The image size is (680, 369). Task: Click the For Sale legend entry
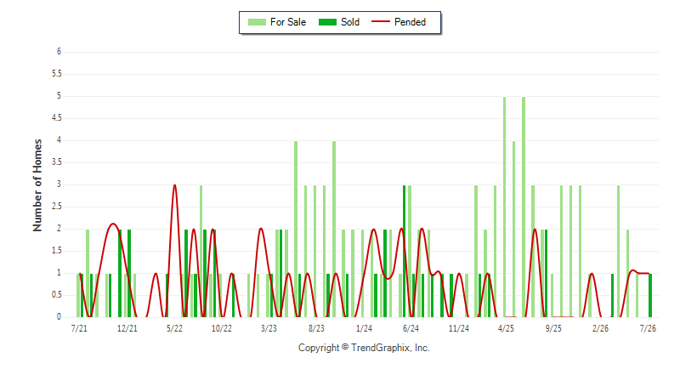[x=277, y=22]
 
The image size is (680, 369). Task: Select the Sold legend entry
[x=338, y=22]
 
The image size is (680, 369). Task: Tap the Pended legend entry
[x=399, y=22]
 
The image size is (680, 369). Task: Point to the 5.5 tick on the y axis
[x=57, y=74]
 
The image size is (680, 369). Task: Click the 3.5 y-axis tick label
[x=57, y=162]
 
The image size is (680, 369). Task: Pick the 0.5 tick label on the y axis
[x=57, y=295]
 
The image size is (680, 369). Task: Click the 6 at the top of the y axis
[x=59, y=52]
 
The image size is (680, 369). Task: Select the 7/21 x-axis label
[x=79, y=328]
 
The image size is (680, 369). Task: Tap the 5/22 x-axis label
[x=174, y=328]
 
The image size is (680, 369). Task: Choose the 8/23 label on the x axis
[x=316, y=328]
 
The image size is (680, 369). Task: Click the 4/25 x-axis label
[x=506, y=328]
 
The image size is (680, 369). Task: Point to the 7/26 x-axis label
[x=648, y=328]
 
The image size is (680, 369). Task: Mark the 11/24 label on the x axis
[x=458, y=328]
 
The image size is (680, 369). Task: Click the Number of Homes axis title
[x=37, y=185]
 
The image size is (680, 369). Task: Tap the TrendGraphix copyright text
[x=364, y=348]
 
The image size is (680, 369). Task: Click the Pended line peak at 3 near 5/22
[x=175, y=185]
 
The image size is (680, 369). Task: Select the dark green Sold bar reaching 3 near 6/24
[x=405, y=251]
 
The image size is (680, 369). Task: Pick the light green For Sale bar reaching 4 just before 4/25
[x=514, y=229]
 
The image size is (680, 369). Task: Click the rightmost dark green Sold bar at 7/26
[x=650, y=295]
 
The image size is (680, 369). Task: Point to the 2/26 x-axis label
[x=600, y=328]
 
